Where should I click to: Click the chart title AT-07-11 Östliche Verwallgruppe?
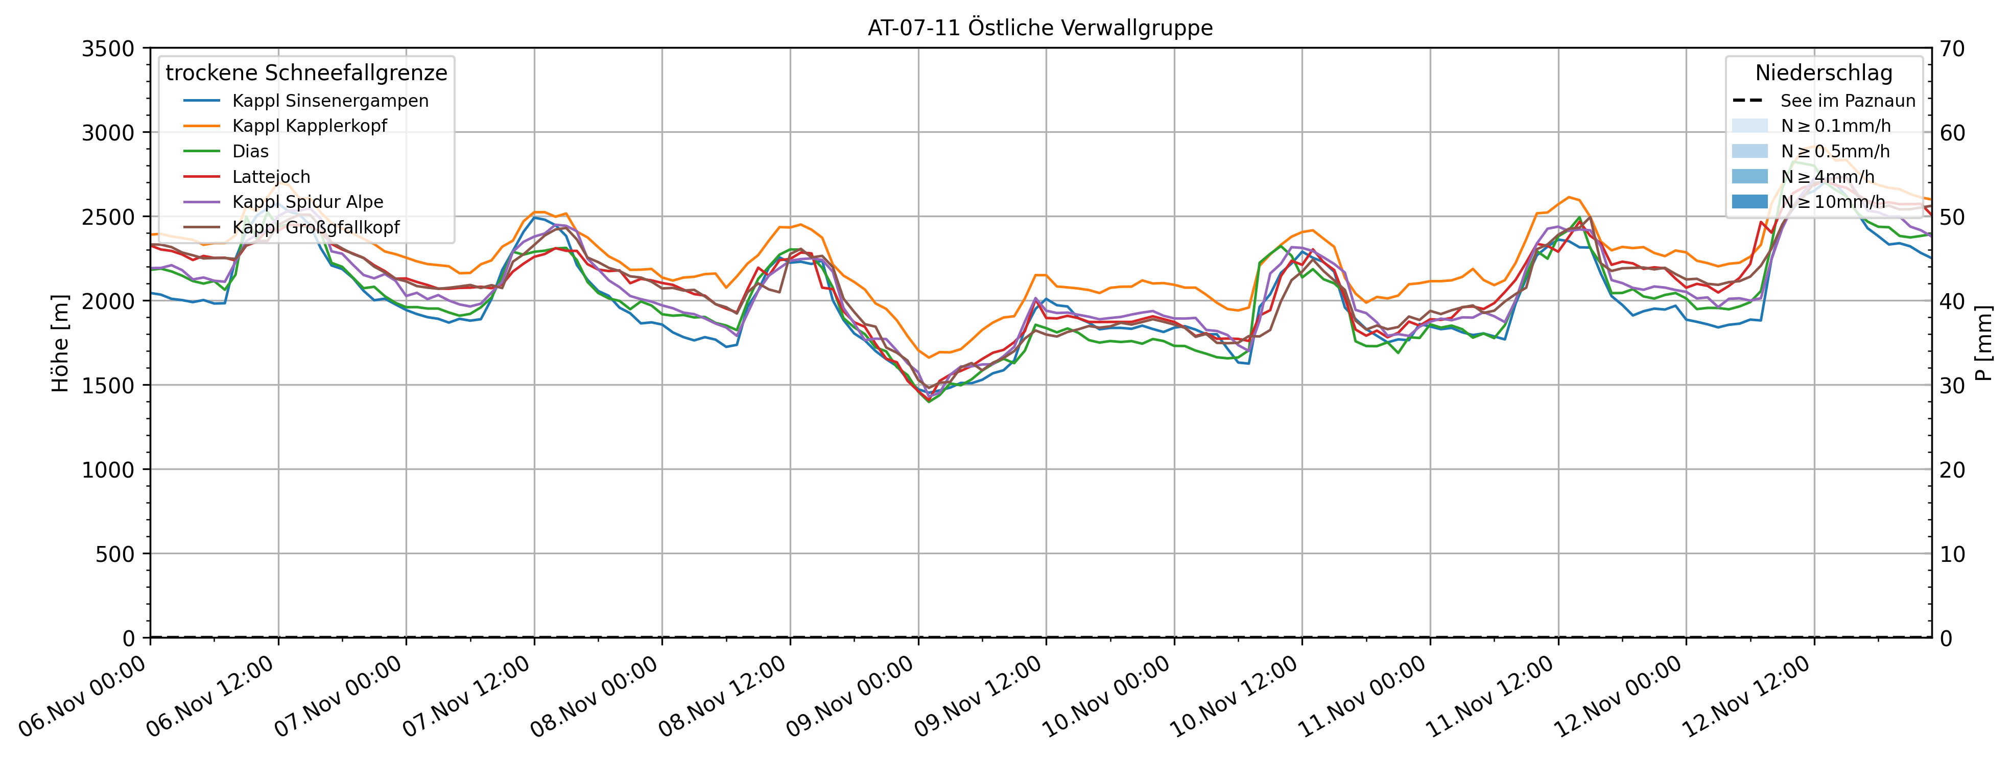tap(1040, 28)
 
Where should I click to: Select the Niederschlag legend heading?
tap(1823, 73)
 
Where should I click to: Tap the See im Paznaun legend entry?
tap(1847, 101)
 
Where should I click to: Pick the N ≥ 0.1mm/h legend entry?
tap(1835, 126)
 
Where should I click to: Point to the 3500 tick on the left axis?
tap(108, 49)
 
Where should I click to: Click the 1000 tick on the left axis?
tap(108, 470)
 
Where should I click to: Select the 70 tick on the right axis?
tap(1953, 49)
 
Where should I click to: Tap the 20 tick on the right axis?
tap(1953, 470)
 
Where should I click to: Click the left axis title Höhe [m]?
tap(60, 343)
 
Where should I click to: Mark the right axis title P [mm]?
tap(1984, 343)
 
